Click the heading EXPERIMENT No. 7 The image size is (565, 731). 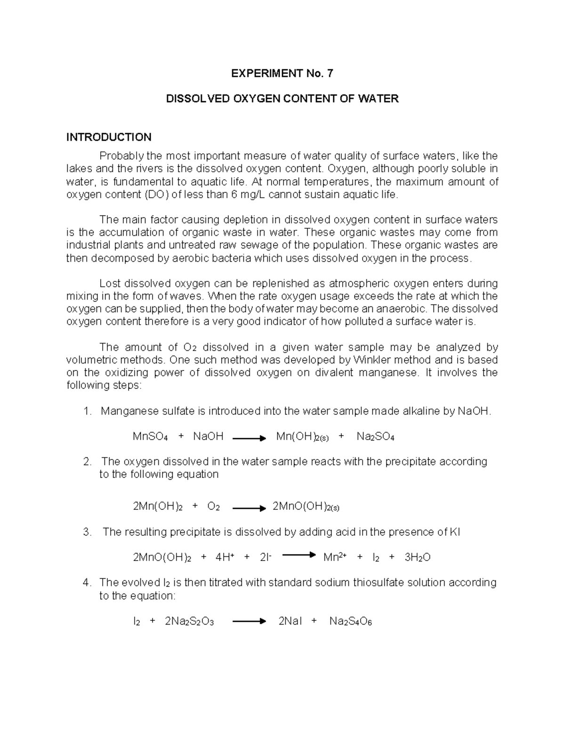pos(282,73)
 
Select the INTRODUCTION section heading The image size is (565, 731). pos(109,137)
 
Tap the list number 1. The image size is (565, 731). pos(86,411)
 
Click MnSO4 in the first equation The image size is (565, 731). pos(150,437)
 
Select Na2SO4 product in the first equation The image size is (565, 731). pos(375,437)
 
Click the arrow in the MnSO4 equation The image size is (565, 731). pos(249,438)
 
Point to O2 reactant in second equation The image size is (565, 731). pos(213,507)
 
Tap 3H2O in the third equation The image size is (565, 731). pos(417,558)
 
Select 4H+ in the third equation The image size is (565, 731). pos(225,558)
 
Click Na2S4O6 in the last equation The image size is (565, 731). pos(350,622)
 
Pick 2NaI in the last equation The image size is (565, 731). pos(290,621)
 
